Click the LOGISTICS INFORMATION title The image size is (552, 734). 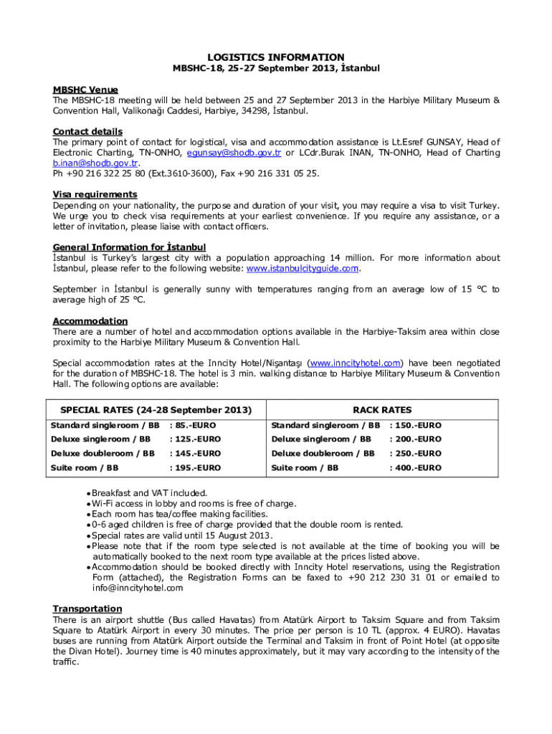(x=276, y=57)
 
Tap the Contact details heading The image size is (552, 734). (x=87, y=131)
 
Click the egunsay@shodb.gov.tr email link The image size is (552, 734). (x=234, y=153)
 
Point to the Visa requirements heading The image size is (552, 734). (x=95, y=194)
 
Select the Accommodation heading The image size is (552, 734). (x=90, y=321)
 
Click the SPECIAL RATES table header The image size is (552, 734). (x=156, y=410)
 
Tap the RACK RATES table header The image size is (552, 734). (x=382, y=410)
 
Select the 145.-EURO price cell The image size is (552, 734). (x=197, y=454)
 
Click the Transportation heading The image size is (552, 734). (x=87, y=609)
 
